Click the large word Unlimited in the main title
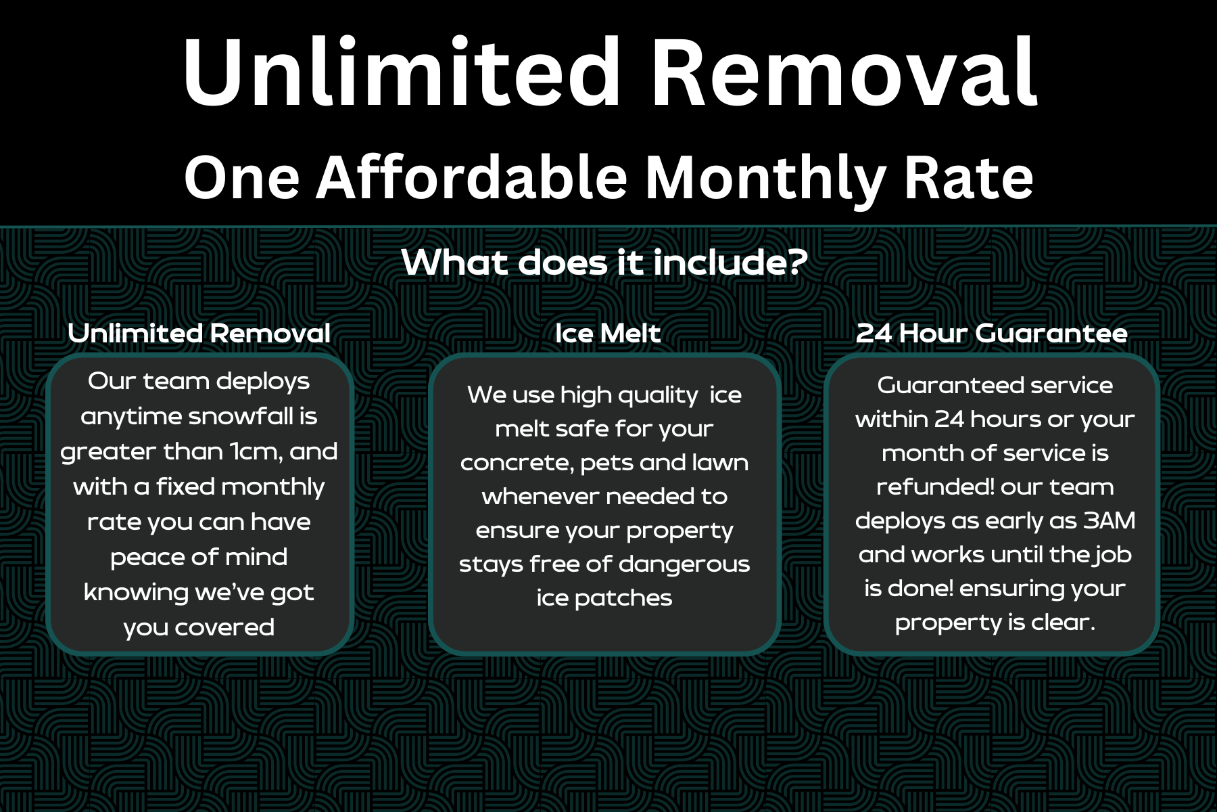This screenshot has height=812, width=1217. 402,72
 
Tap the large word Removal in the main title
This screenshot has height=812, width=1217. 844,72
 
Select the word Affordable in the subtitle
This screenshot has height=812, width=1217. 472,177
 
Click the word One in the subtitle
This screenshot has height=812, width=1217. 242,178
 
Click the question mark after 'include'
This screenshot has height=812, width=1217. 796,262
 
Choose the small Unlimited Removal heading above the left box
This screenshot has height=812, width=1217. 199,333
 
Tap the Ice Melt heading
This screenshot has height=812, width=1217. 607,333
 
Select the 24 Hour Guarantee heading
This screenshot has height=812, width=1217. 991,333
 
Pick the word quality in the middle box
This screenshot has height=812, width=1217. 655,395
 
